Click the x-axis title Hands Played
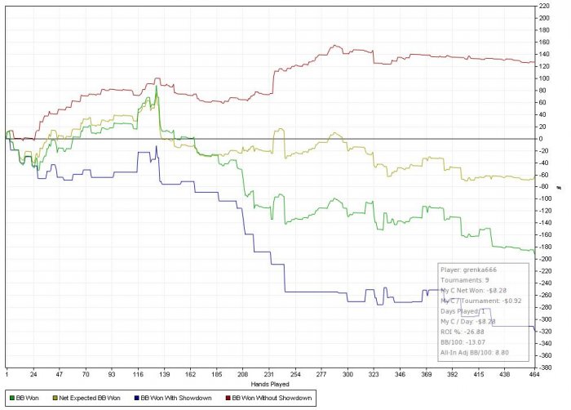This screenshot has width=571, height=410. pyautogui.click(x=268, y=382)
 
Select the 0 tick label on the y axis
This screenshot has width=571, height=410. pyautogui.click(x=540, y=139)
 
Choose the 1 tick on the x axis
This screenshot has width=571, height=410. pyautogui.click(x=7, y=374)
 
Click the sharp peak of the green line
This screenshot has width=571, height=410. pyautogui.click(x=156, y=87)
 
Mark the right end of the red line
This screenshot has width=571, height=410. pyautogui.click(x=534, y=62)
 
